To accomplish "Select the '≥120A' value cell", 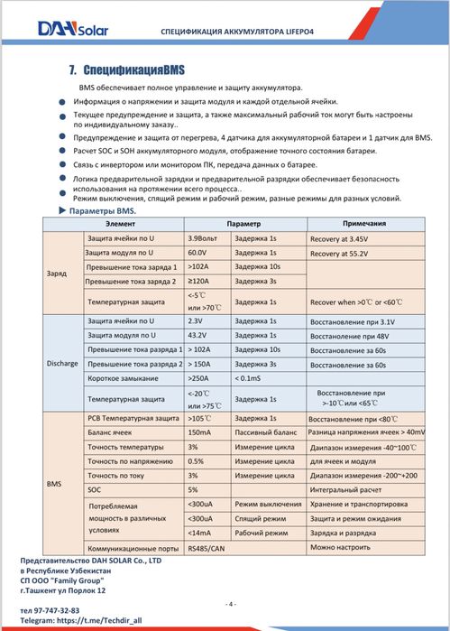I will click(199, 282).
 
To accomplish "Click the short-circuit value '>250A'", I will click(199, 377).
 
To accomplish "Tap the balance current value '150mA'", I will click(200, 432).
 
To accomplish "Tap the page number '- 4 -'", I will click(230, 603).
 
